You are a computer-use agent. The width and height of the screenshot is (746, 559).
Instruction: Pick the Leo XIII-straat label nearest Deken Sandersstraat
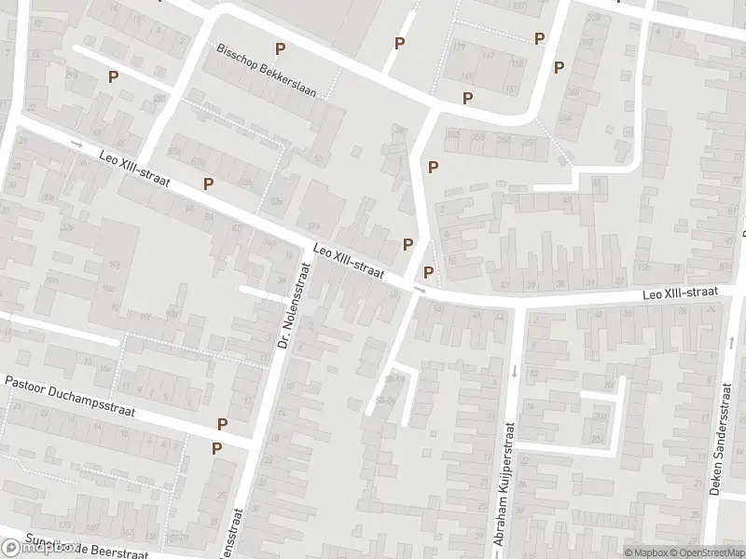679,293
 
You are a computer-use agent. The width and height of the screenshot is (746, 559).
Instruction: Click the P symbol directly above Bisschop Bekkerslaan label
279,48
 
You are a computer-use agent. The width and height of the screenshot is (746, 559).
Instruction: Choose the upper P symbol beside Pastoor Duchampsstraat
222,424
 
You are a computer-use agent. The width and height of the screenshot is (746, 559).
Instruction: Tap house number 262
454,136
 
